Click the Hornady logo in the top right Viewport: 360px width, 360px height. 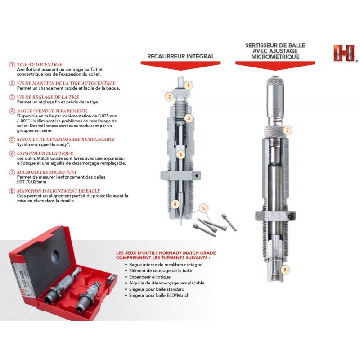click(345, 53)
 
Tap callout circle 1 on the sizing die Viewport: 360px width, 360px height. click(189, 85)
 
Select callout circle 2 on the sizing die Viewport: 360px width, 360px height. click(170, 96)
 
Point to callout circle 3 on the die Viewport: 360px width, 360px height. click(189, 118)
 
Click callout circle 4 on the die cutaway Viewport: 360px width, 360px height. click(181, 155)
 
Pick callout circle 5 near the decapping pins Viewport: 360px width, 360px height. click(203, 208)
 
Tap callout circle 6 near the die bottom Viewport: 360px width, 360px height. click(175, 204)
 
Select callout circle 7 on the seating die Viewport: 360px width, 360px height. click(288, 130)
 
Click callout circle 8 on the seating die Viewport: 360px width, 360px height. click(285, 270)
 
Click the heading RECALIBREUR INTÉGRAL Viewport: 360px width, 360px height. click(181, 57)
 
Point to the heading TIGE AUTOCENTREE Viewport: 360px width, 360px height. click(40, 64)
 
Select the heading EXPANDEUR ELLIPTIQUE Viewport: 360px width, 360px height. click(45, 153)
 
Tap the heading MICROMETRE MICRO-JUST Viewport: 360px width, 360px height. click(47, 172)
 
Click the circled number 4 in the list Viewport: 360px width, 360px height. click(12, 111)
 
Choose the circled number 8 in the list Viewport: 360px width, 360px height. click(12, 191)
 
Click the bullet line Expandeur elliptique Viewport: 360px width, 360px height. click(150, 277)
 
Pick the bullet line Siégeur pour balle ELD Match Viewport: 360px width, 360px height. click(159, 295)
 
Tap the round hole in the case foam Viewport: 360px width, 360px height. click(55, 256)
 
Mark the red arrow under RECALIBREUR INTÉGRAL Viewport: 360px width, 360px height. click(181, 65)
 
